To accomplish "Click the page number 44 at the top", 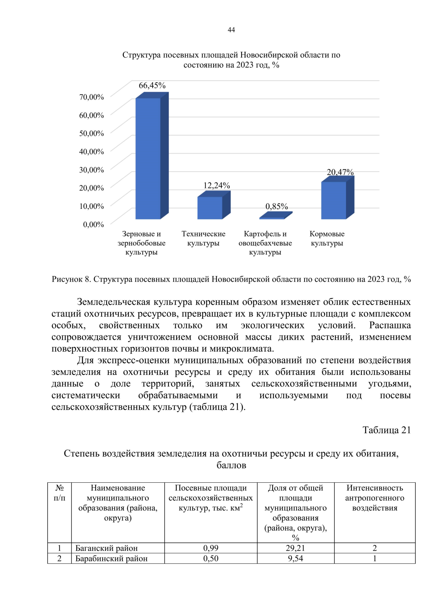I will click(x=231, y=30).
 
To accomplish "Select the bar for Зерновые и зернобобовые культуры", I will click(x=148, y=158).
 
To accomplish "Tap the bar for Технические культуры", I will click(x=210, y=207).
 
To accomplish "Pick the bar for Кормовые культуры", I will click(x=334, y=200).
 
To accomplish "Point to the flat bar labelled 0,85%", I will click(x=273, y=217).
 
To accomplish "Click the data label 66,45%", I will click(x=152, y=86).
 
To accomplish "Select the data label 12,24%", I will click(x=216, y=185).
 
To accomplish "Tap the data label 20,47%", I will click(x=340, y=172).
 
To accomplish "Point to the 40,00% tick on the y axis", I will click(x=91, y=152).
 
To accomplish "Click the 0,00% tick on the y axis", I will click(x=93, y=225).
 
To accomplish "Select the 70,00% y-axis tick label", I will click(x=91, y=97).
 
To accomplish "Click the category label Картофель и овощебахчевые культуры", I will click(x=265, y=243).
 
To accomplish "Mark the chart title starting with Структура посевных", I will click(x=231, y=60).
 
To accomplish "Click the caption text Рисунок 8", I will click(x=72, y=279).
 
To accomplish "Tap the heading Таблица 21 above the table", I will click(x=386, y=430).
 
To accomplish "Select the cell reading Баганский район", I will click(x=107, y=548).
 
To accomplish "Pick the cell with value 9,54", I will click(x=295, y=559).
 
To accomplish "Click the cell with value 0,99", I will click(x=211, y=548).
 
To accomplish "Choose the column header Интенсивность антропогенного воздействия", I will click(x=374, y=498).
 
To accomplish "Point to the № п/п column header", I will click(x=59, y=493).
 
